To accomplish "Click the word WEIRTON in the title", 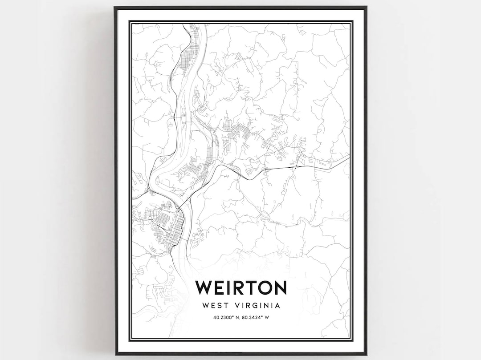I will coord(240,287).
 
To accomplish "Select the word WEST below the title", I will coord(216,306).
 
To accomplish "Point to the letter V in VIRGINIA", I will coord(237,306).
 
